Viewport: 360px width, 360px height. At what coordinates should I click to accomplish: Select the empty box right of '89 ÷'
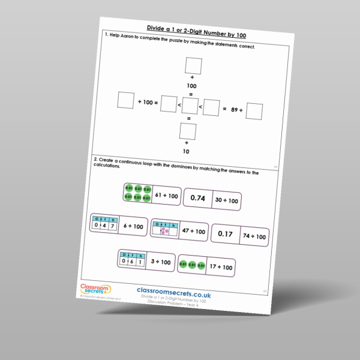254,112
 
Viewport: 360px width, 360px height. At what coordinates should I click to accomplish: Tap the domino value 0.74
197,197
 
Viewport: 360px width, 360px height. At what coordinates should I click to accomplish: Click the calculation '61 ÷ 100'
166,196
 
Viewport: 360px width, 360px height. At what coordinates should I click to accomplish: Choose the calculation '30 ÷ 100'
226,200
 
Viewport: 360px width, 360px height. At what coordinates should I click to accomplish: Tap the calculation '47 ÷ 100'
193,231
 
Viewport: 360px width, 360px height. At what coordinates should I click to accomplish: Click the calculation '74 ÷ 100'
254,237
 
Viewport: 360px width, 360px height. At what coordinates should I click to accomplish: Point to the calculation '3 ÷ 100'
162,262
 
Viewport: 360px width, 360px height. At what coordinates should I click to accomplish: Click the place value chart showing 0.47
103,224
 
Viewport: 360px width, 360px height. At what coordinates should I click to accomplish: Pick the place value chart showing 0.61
133,259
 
